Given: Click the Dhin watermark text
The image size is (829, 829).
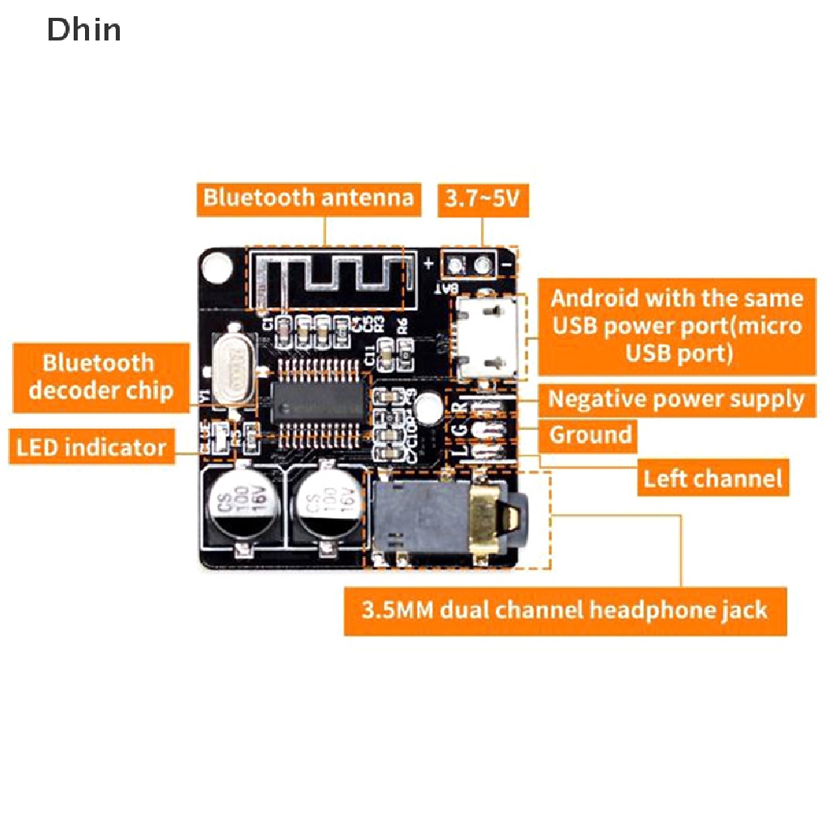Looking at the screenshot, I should coord(84,30).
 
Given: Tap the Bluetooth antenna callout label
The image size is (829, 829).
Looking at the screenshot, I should coord(308,198).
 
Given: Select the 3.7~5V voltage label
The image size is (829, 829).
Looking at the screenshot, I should coord(483,198).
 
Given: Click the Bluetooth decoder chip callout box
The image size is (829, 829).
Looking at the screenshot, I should coord(101,376).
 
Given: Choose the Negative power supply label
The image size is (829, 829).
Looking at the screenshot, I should coord(676,399).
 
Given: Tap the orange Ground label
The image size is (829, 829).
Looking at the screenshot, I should coord(590,436).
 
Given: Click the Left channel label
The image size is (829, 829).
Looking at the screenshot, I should coord(713,478).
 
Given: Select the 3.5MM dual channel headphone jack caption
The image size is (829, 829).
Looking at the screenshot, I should coord(565,609).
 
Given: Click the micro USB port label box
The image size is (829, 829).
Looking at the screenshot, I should coord(677,326).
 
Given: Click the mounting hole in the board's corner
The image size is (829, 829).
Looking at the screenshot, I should coord(215,266).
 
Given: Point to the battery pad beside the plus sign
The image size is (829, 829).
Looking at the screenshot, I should coord(455,263).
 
